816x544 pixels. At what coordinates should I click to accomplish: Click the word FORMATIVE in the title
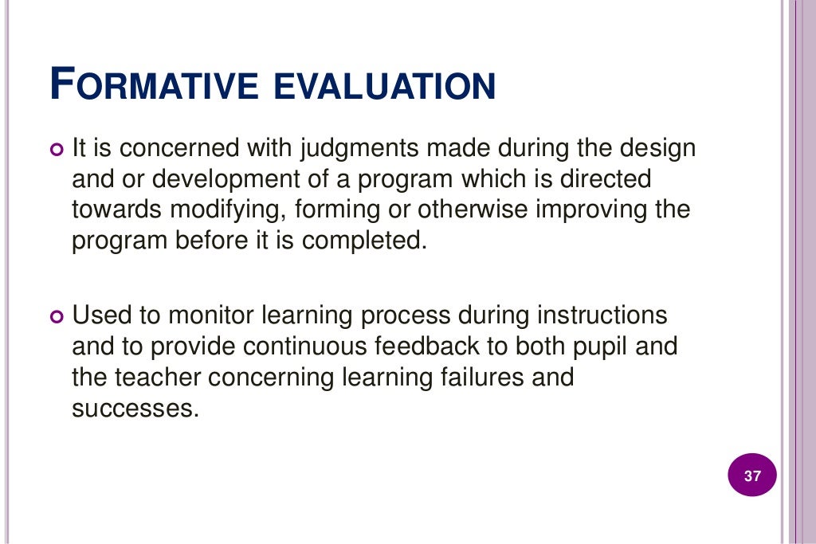pyautogui.click(x=155, y=85)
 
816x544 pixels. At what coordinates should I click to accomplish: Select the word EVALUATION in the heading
pyautogui.click(x=385, y=85)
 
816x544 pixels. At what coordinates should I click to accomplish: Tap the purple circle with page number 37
pyautogui.click(x=752, y=477)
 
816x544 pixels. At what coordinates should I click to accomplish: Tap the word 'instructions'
pyautogui.click(x=602, y=315)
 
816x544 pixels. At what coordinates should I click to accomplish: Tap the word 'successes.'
pyautogui.click(x=134, y=409)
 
